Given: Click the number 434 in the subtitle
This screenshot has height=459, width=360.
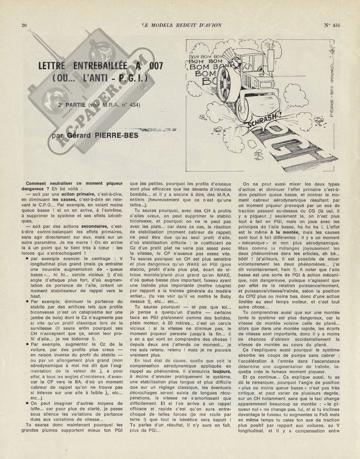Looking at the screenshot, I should coord(134,105).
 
